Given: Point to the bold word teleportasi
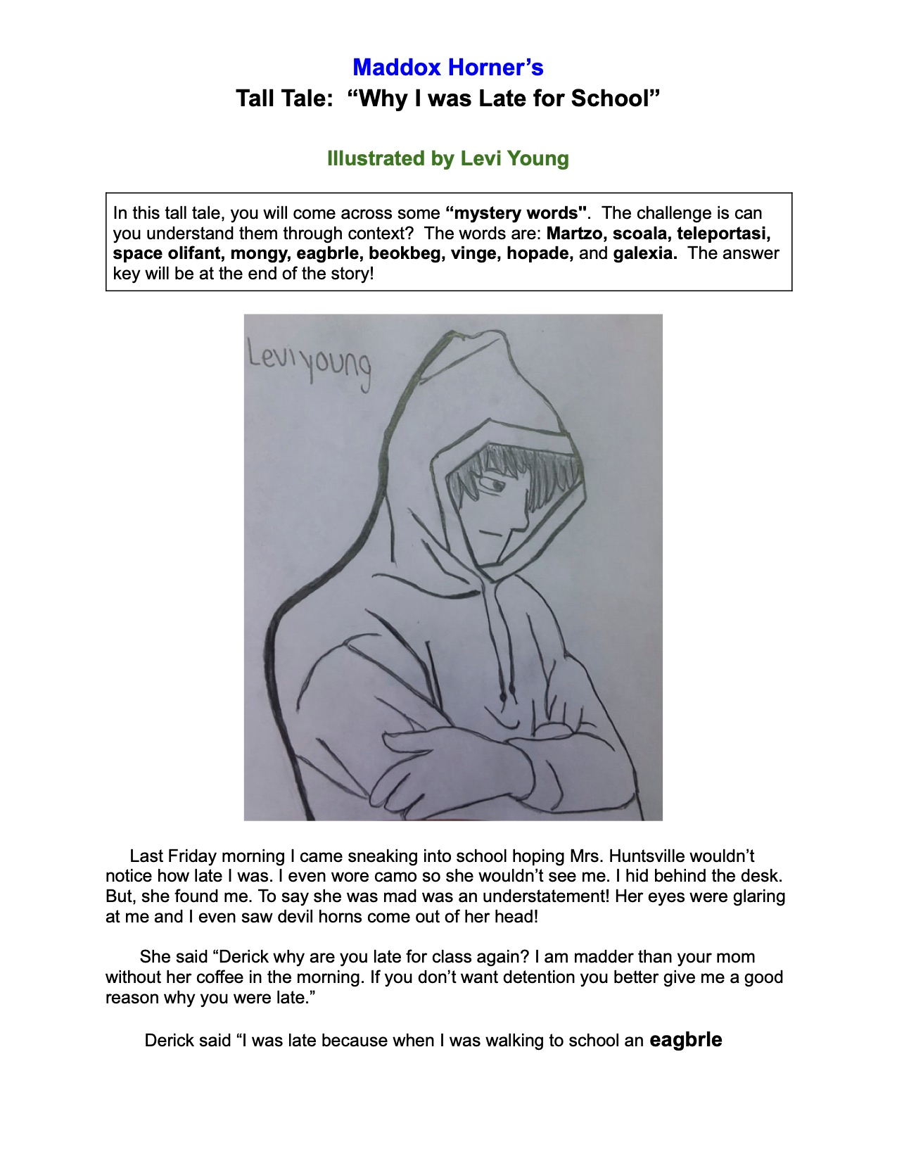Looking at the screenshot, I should click(723, 233).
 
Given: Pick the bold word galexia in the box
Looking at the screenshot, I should click(644, 253).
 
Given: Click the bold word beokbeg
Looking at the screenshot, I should click(405, 253).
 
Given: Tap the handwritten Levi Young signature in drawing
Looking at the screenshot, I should click(308, 362).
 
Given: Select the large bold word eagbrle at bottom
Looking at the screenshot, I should click(685, 1039).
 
